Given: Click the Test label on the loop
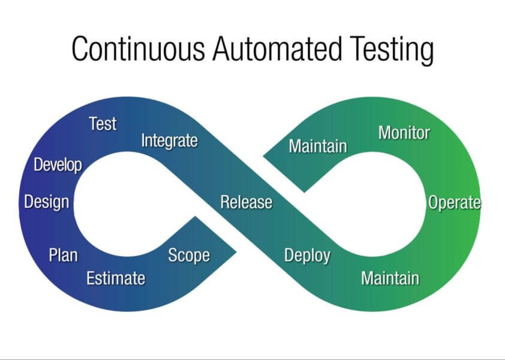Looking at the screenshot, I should coord(103,124).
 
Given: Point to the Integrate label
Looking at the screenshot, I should coord(169,141).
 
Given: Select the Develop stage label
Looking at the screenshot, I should coord(58,165).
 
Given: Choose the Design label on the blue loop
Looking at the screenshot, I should coord(46,202).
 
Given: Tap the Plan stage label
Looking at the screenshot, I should coord(63,255).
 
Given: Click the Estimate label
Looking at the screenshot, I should coord(116,278).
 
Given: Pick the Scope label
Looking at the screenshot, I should coord(189,256).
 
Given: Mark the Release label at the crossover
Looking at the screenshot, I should coord(246,202).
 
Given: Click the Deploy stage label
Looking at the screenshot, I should coord(307,256).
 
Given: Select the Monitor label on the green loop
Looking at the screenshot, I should coord(404,133).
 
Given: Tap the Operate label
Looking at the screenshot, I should coord(454,203).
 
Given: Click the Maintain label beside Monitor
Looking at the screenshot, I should coord(318,146).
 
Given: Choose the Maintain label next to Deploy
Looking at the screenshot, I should coord(390,278).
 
